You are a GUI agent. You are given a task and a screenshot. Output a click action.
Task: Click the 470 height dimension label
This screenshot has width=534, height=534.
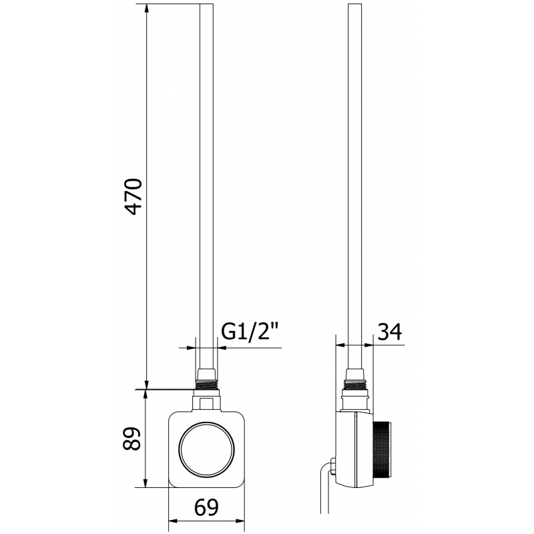(134, 196)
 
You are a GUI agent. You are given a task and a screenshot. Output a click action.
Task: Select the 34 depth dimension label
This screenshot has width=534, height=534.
(390, 330)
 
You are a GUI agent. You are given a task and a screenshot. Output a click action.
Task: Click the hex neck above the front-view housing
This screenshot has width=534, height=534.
(206, 403)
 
